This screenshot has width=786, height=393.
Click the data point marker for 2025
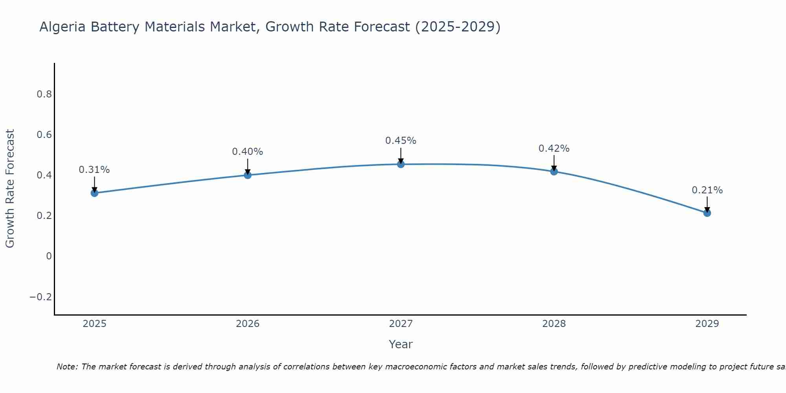(x=94, y=193)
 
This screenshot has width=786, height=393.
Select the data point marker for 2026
(x=248, y=175)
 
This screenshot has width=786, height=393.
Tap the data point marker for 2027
(x=401, y=164)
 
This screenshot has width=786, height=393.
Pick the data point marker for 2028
(x=554, y=171)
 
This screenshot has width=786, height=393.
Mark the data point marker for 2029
(x=707, y=213)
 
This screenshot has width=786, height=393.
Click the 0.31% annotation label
(x=94, y=170)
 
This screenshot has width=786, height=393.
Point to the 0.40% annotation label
(x=248, y=152)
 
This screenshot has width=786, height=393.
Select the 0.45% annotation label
(x=401, y=141)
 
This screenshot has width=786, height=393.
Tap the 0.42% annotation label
(x=554, y=149)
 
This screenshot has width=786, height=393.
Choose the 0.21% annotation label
(x=707, y=190)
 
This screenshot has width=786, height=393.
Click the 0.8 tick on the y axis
(x=44, y=94)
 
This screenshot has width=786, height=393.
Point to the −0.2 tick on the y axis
(x=40, y=297)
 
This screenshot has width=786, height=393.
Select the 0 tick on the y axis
(x=49, y=256)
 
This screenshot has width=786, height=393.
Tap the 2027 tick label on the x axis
(x=401, y=324)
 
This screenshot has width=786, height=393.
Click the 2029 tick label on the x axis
(x=707, y=324)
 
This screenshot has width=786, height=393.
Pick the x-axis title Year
(x=401, y=345)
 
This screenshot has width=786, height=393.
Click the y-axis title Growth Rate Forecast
(x=10, y=189)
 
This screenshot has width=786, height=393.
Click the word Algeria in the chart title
(x=63, y=27)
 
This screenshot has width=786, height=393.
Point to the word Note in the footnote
(x=67, y=367)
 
